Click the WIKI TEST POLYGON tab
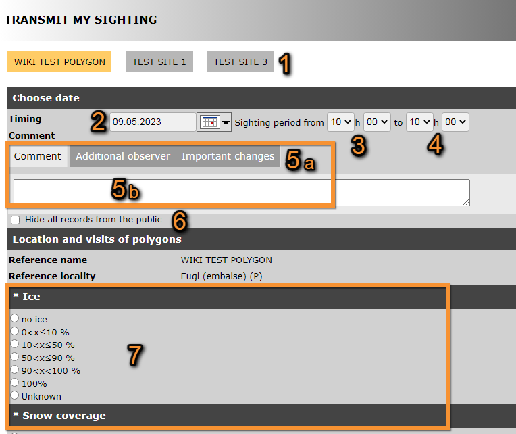tap(59, 62)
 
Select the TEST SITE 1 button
tap(159, 62)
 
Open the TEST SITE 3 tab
tap(240, 62)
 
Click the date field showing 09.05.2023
tap(153, 122)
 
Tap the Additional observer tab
tap(123, 156)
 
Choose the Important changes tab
tap(228, 156)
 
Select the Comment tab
tap(38, 156)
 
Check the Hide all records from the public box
tap(15, 220)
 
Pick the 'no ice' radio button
tap(14, 318)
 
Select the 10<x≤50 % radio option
tap(14, 344)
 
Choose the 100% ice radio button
tap(14, 383)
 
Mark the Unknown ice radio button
tap(14, 395)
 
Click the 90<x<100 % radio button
tap(14, 370)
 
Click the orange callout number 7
tap(134, 355)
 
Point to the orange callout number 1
tap(285, 64)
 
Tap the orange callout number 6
tap(180, 220)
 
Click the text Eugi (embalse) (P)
tap(222, 276)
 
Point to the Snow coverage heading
tap(64, 416)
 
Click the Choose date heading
tap(46, 98)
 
